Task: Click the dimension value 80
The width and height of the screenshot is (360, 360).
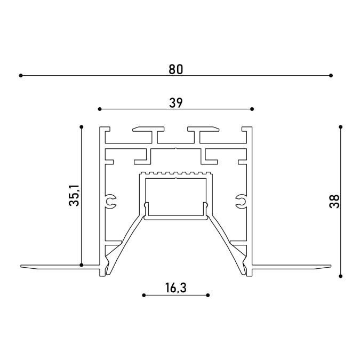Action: pos(176,69)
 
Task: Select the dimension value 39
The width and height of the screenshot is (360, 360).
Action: pos(176,103)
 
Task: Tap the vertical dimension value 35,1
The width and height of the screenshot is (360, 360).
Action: pos(74,195)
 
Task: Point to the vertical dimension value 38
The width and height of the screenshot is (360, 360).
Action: pos(334,202)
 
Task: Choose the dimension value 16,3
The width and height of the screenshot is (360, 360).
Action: pos(176,288)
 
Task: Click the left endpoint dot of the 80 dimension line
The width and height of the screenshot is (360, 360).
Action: pos(21,75)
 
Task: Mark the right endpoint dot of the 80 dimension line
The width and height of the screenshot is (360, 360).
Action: pos(331,75)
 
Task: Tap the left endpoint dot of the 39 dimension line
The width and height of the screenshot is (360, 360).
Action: pos(99,109)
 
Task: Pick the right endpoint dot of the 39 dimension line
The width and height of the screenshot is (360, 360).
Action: pos(252,109)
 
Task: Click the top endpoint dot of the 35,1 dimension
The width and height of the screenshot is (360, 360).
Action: pos(81,127)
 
